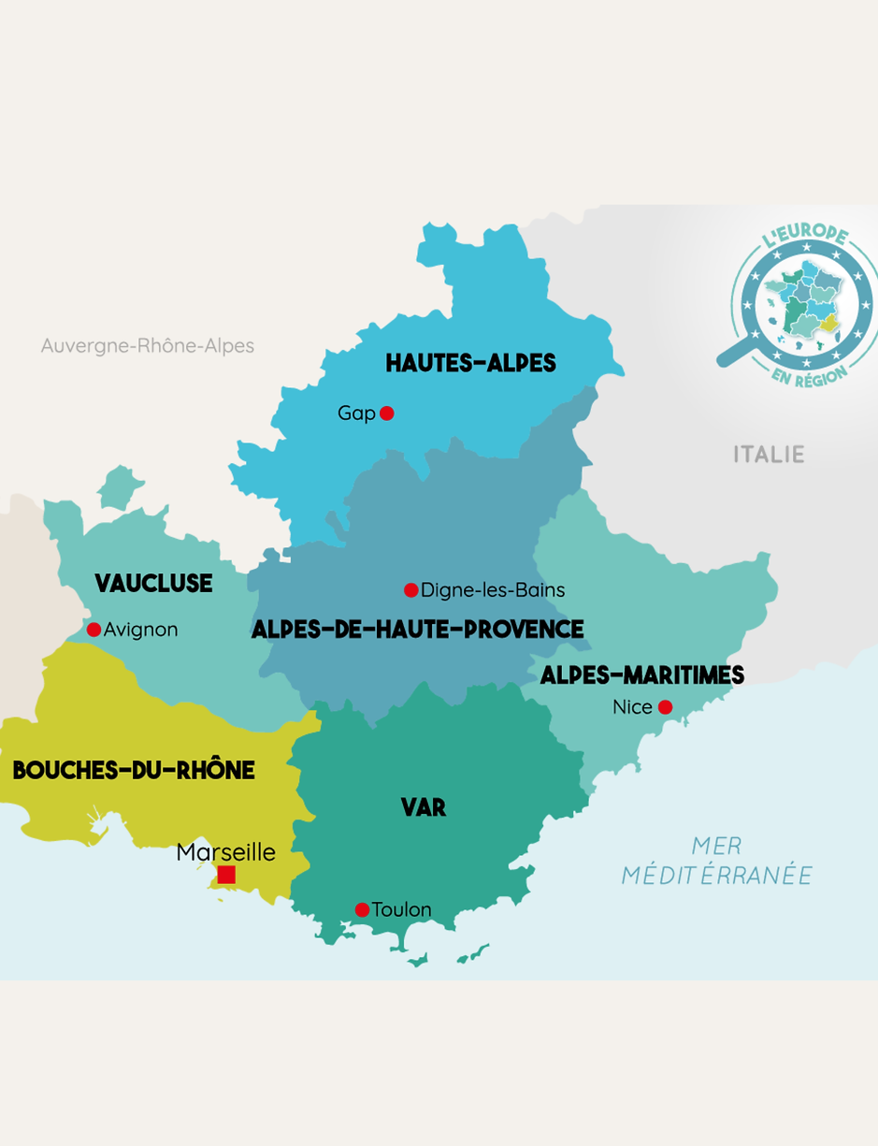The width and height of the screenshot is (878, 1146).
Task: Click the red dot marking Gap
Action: coord(387,413)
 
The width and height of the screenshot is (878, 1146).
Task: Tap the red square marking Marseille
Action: coord(226,875)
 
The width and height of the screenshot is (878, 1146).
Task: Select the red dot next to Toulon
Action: coord(362,909)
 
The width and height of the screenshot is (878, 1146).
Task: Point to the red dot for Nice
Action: coord(665,707)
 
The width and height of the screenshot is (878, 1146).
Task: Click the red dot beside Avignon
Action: coord(94,630)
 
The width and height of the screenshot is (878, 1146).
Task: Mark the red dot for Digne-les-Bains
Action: coord(410,590)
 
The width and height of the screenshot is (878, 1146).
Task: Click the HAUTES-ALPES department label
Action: coord(470,363)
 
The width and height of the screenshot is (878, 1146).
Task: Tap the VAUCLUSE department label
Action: coord(153,584)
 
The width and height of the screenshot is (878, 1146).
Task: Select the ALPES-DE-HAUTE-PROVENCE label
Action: coord(417,630)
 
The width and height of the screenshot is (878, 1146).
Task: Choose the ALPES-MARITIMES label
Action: coord(642,675)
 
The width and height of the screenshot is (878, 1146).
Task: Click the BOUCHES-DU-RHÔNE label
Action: coord(134,770)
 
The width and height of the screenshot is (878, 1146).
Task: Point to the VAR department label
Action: coord(424,807)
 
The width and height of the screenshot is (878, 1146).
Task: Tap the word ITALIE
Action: coord(769,455)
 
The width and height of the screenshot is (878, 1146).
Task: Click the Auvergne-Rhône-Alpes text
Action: coord(148,346)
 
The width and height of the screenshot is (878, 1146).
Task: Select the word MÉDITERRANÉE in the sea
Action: coord(717,876)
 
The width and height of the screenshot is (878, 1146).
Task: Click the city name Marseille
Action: coord(226,852)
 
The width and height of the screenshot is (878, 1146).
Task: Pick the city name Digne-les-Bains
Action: coord(493,590)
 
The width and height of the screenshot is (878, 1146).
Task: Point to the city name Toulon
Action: coord(401,909)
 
